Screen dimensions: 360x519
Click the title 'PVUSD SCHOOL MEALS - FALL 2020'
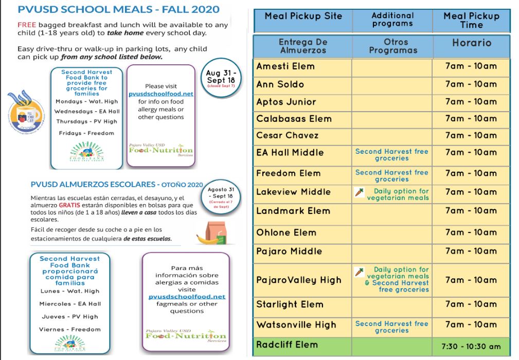(x=118, y=9)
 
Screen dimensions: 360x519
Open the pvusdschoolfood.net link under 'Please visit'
(x=161, y=94)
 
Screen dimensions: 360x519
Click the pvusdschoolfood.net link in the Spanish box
(x=187, y=297)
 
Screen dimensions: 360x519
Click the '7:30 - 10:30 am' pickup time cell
(x=471, y=346)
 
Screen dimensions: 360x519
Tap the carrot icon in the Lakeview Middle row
(x=360, y=193)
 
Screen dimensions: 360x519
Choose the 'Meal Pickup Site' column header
(x=303, y=16)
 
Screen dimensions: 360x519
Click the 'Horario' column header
(x=471, y=43)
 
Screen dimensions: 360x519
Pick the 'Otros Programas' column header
(x=392, y=46)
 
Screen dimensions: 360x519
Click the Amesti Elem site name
(x=285, y=66)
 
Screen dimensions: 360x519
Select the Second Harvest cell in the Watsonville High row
(x=391, y=327)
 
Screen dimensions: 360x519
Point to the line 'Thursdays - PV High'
(x=86, y=121)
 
